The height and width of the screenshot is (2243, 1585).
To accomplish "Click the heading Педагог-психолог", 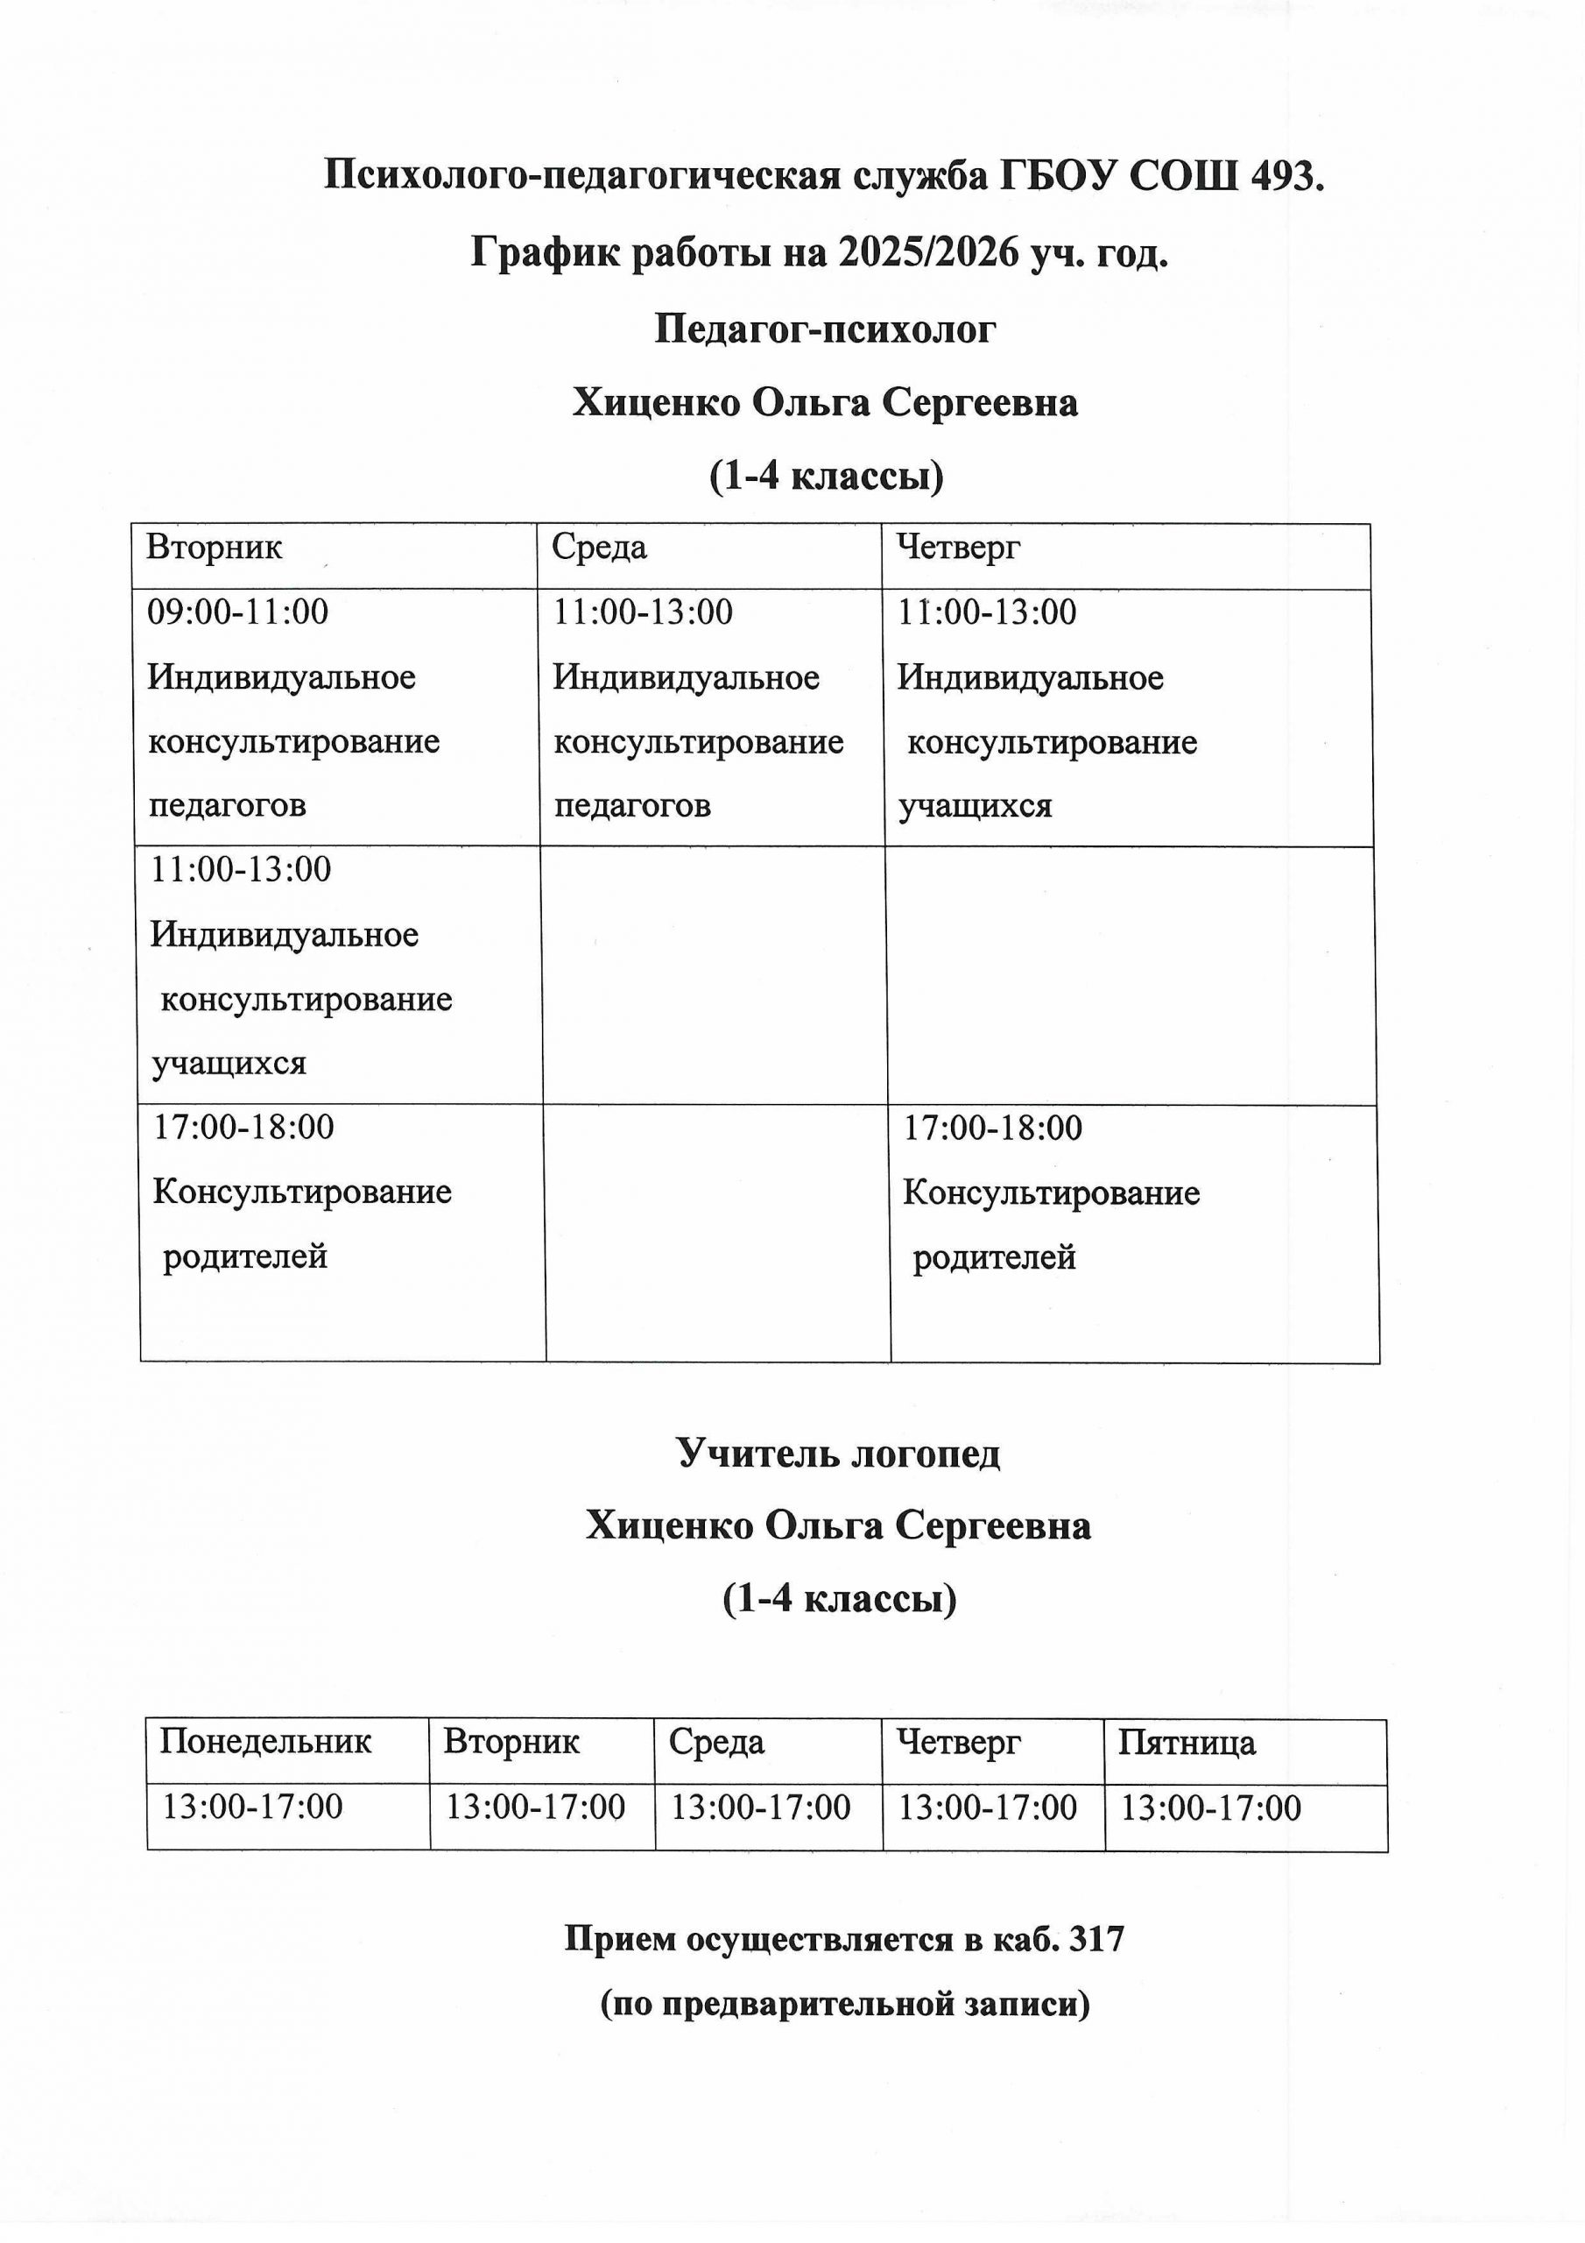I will [x=824, y=329].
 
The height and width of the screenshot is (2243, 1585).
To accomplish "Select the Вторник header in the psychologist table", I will [x=214, y=547].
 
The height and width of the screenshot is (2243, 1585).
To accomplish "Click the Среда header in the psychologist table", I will [x=599, y=547].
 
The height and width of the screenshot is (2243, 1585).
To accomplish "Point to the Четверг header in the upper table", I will [x=957, y=547].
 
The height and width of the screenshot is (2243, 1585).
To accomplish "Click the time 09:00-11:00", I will [x=237, y=612].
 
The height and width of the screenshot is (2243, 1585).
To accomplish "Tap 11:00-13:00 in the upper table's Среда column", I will [x=643, y=612].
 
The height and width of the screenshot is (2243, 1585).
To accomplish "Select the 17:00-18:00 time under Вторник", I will [x=243, y=1128].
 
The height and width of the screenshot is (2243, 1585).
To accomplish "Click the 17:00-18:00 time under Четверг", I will [x=992, y=1129].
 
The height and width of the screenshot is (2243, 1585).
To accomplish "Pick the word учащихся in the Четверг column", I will [x=975, y=806].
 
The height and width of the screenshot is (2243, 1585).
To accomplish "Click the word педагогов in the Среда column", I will [x=632, y=806].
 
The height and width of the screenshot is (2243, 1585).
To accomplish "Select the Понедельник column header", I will [x=265, y=1742].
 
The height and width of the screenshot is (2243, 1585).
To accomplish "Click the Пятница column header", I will [x=1186, y=1743].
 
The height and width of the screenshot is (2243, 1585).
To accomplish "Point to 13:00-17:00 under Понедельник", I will [x=252, y=1808].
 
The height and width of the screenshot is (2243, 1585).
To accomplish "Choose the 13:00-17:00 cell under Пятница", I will [x=1210, y=1808].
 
